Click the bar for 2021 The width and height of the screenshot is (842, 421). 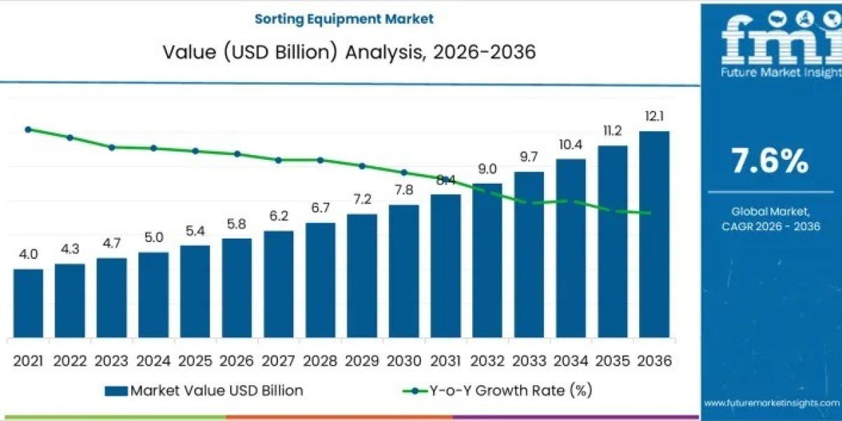click(x=28, y=303)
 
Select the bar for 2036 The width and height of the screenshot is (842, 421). click(x=654, y=234)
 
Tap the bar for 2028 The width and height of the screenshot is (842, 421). click(x=320, y=280)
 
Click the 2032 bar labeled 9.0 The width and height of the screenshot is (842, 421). click(x=487, y=260)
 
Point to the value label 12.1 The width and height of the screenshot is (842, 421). click(x=654, y=116)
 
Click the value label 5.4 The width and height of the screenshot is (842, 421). click(x=194, y=231)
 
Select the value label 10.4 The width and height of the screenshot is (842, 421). click(x=570, y=145)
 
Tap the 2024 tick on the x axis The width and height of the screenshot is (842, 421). click(x=153, y=361)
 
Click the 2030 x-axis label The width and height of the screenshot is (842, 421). click(x=403, y=361)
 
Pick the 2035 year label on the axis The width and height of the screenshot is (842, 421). click(x=613, y=361)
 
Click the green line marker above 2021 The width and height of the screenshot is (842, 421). click(x=28, y=129)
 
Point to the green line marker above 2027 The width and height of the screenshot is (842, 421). click(x=279, y=160)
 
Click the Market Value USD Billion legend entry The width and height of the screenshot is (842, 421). click(x=205, y=390)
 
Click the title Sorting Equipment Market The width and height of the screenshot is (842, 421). click(x=344, y=18)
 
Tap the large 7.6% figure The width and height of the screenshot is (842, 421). click(x=770, y=162)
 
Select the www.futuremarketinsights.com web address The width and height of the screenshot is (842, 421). click(x=771, y=403)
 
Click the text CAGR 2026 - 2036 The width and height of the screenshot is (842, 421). click(x=770, y=226)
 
